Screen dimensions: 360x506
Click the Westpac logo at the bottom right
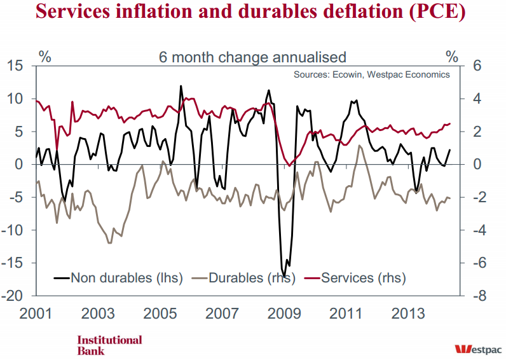478,349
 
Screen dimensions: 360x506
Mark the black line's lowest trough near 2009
285,275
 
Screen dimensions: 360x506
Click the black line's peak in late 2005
181,86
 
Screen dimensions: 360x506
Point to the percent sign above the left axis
45,56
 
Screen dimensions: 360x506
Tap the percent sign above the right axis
451,56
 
